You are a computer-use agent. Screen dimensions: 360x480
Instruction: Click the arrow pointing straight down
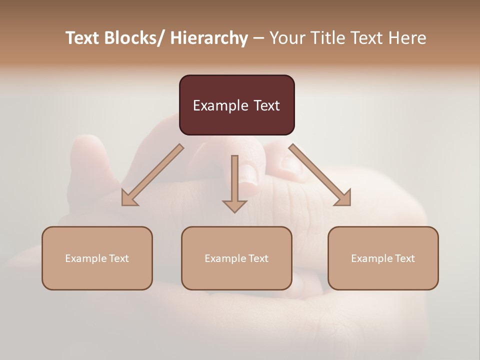(x=234, y=184)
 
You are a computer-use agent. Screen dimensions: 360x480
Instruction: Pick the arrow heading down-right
(x=320, y=175)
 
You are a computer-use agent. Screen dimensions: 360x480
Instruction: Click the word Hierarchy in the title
(x=209, y=38)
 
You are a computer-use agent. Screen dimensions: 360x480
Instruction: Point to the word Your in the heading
(x=287, y=38)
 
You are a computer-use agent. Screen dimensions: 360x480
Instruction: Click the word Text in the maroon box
(x=265, y=105)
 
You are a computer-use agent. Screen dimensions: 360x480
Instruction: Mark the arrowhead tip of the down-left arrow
(x=123, y=204)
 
